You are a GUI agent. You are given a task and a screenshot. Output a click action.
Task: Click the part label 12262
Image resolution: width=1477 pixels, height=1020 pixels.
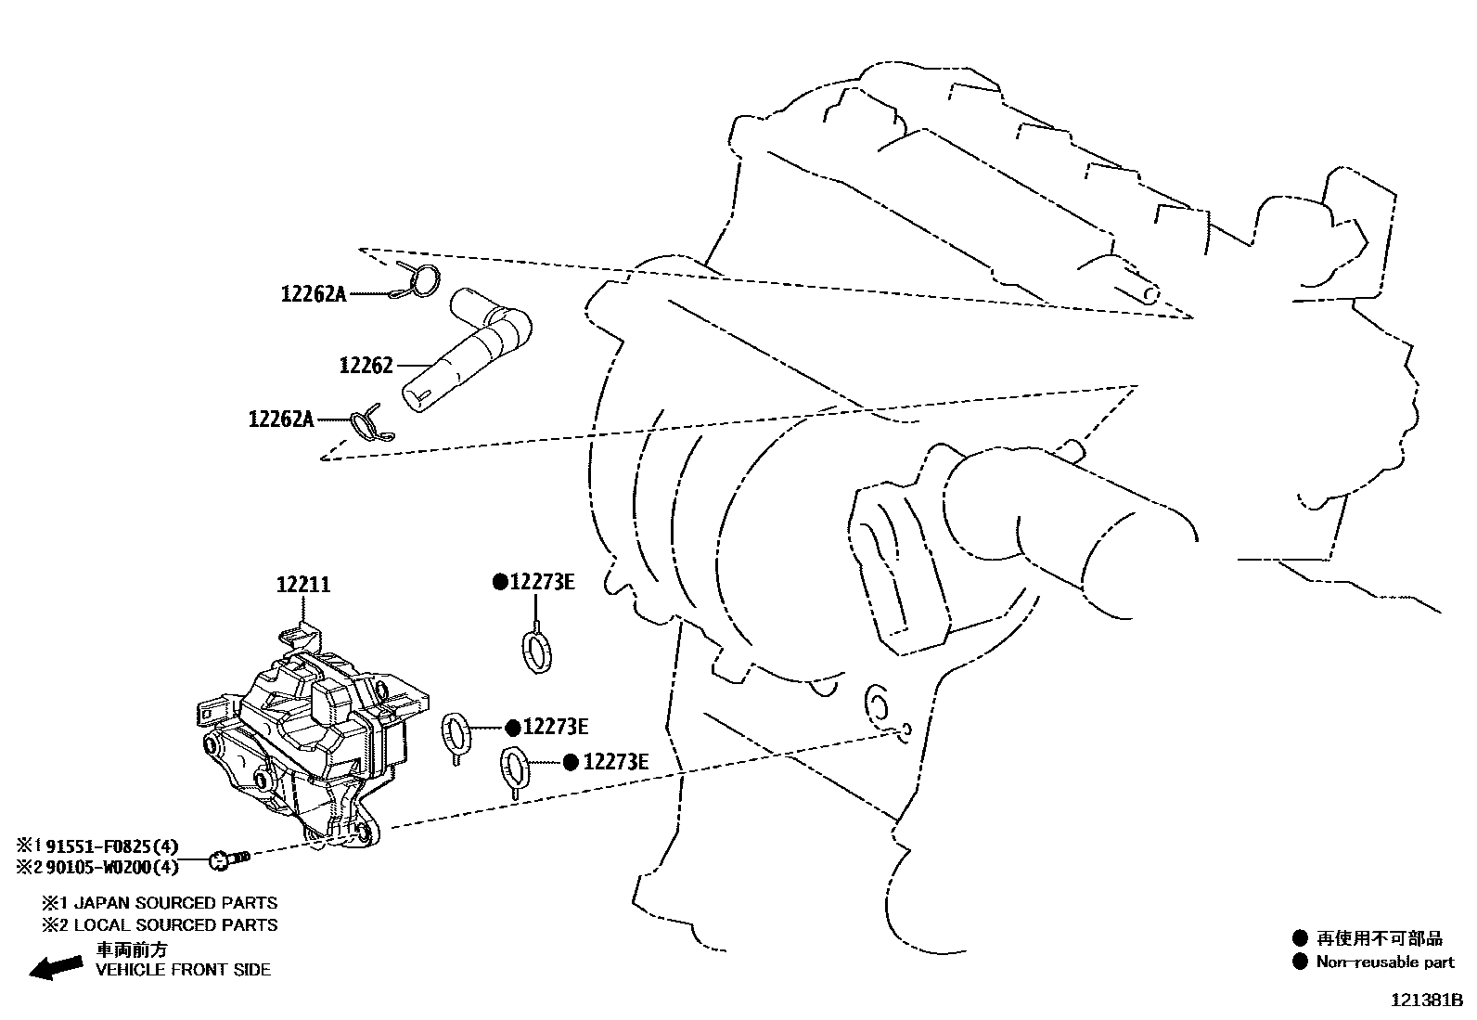pyautogui.click(x=366, y=366)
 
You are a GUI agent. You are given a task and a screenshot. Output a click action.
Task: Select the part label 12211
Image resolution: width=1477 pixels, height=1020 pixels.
pyautogui.click(x=302, y=586)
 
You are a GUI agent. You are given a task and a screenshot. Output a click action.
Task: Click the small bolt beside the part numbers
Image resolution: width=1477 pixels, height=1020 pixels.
pyautogui.click(x=230, y=859)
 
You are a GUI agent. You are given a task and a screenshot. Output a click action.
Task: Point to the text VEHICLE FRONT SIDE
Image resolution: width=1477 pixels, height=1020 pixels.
pyautogui.click(x=184, y=970)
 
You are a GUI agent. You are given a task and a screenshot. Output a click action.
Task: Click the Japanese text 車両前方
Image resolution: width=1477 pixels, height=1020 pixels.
pyautogui.click(x=133, y=949)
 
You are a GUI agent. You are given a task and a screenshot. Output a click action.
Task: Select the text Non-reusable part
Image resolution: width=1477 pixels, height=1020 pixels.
pyautogui.click(x=1385, y=962)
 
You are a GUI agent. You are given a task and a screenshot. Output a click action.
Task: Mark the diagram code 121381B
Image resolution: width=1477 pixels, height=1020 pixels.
pyautogui.click(x=1425, y=1001)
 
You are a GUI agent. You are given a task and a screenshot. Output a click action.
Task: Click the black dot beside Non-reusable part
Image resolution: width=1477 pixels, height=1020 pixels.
pyautogui.click(x=1300, y=962)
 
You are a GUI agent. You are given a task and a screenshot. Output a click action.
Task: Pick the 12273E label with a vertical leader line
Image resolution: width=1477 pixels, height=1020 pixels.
pyautogui.click(x=541, y=583)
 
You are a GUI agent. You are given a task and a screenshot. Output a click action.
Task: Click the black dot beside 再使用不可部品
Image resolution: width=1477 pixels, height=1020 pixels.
pyautogui.click(x=1300, y=938)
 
